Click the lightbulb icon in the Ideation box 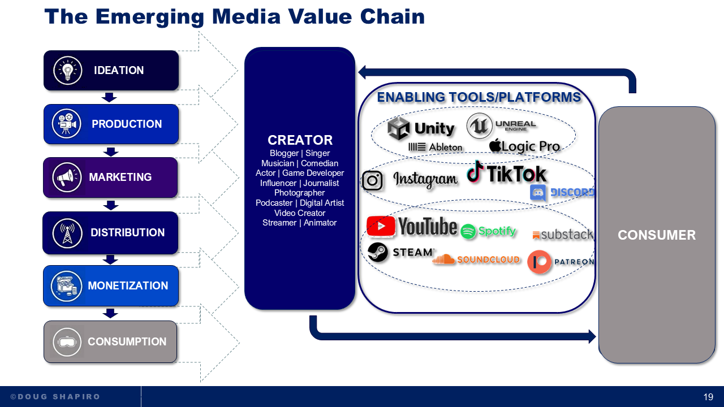[x=68, y=71]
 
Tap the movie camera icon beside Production [x=66, y=124]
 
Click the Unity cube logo [x=399, y=128]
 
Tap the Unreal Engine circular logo [x=479, y=126]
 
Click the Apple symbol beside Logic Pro [x=495, y=145]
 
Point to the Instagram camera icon [x=372, y=180]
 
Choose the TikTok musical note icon [x=475, y=172]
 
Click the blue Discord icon [x=538, y=193]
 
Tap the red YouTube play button [x=381, y=226]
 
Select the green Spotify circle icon [x=468, y=231]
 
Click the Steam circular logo [x=378, y=253]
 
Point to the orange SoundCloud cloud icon [x=444, y=259]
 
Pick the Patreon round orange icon [x=539, y=262]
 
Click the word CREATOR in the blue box [x=300, y=140]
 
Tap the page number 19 [x=708, y=397]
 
